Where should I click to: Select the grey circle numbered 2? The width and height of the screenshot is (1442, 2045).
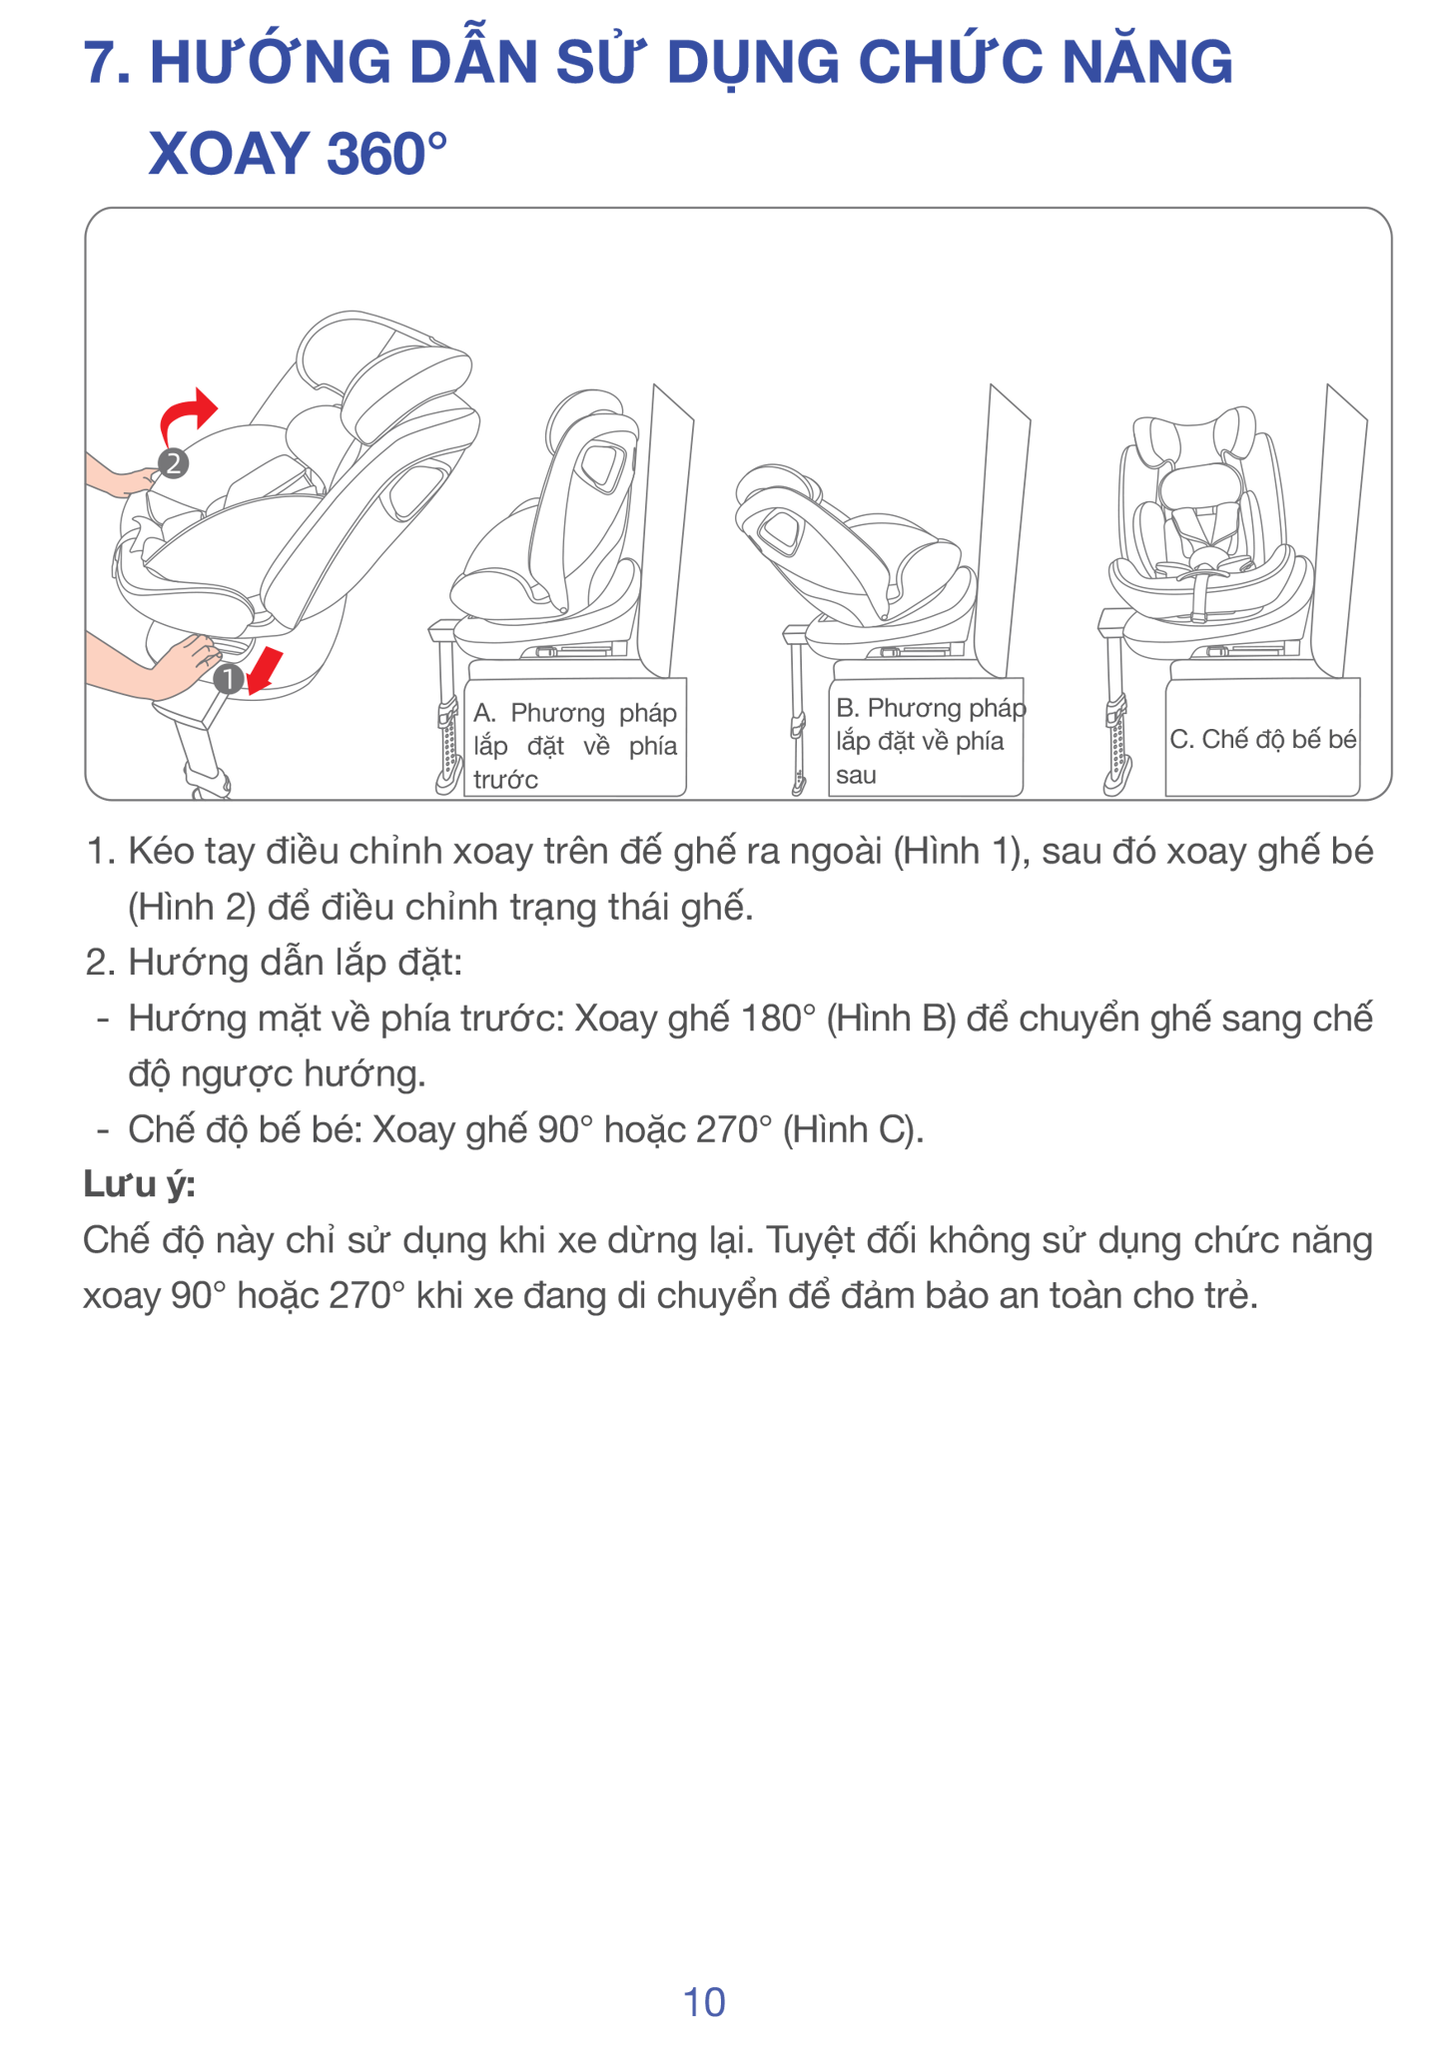pos(173,463)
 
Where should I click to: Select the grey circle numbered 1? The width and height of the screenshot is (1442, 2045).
pos(229,679)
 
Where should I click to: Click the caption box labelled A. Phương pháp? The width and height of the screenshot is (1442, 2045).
pos(575,738)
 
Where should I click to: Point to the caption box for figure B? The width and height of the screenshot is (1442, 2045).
pos(926,738)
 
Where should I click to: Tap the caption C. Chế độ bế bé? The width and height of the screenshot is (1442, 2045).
pos(1263,739)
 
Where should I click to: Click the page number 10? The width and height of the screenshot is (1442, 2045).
pos(704,2002)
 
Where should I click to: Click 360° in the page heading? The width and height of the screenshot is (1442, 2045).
pos(385,154)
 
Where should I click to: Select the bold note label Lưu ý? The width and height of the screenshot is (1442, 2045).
pos(139,1184)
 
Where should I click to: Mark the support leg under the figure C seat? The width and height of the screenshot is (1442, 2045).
pos(1116,714)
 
